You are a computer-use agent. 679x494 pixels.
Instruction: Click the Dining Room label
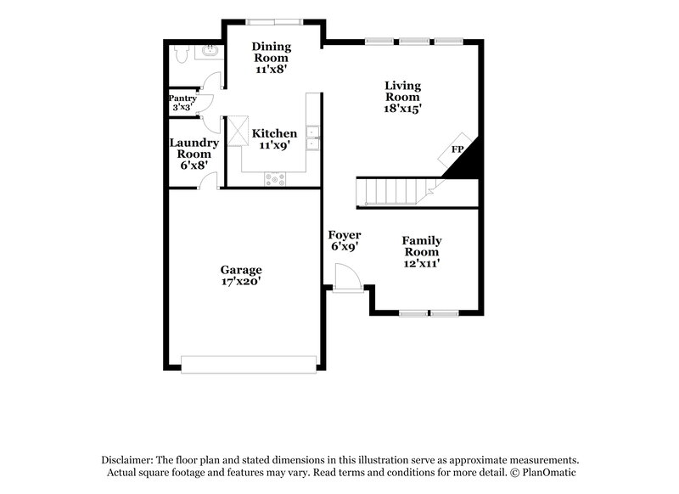point(272,52)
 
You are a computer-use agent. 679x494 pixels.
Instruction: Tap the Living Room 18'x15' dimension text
point(402,109)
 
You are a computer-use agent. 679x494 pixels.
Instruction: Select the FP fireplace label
point(457,150)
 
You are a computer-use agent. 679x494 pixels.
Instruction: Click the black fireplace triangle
point(468,162)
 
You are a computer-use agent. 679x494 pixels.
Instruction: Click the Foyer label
point(345,235)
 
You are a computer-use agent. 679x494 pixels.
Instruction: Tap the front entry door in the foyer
point(347,278)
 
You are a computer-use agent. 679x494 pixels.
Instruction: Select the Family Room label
point(421,246)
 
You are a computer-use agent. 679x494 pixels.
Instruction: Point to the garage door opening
point(250,363)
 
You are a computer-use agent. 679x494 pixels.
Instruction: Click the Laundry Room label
point(194,149)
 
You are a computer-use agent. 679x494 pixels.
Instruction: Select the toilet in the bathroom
point(180,55)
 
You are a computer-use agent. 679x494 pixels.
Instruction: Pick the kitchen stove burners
point(276,178)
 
